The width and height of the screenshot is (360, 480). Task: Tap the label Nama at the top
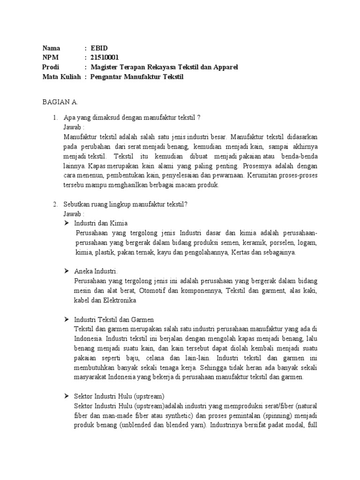coord(52,48)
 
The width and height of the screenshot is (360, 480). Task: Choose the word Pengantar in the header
coord(108,76)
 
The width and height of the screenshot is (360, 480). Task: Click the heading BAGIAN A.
coord(60,102)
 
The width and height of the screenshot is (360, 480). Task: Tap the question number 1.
coord(54,118)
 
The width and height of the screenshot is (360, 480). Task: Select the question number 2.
coord(54,204)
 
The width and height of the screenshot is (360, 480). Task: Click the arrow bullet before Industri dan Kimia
coord(67,223)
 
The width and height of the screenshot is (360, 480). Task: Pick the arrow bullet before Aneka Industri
coord(67,271)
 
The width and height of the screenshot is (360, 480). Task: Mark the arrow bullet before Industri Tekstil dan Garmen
coord(67,319)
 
